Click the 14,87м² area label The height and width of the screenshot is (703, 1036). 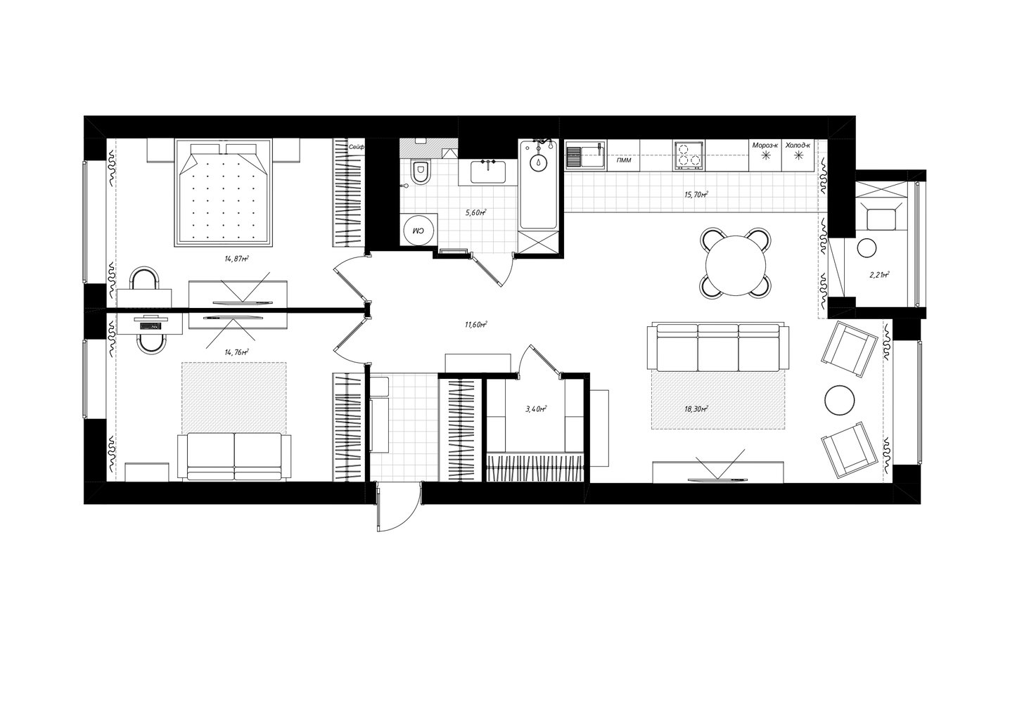[x=237, y=259]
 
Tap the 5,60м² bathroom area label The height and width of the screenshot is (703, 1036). [x=476, y=213]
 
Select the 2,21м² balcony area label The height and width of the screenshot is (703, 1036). [x=880, y=275]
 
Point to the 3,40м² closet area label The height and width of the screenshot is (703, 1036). [x=537, y=408]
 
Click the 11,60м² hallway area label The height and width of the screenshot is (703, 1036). [x=476, y=325]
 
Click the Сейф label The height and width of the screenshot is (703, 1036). [x=357, y=147]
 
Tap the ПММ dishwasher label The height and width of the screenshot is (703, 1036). [x=624, y=160]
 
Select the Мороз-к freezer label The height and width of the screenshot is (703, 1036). [x=765, y=145]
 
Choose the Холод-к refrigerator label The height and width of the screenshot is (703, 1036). [x=798, y=145]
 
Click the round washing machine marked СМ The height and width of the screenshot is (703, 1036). [x=418, y=230]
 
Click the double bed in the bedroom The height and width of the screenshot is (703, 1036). [x=223, y=193]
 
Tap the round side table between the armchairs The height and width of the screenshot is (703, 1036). [x=840, y=401]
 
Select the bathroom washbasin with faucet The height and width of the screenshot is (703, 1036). [x=488, y=172]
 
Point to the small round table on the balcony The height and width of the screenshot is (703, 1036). [x=867, y=249]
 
